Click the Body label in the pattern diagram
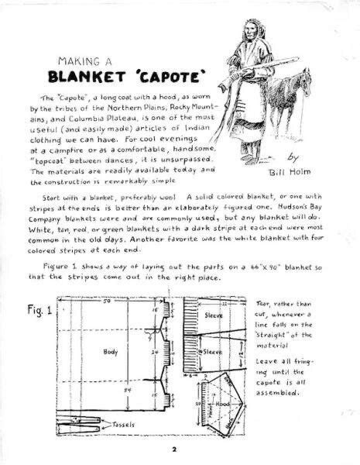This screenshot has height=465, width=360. click(110, 351)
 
